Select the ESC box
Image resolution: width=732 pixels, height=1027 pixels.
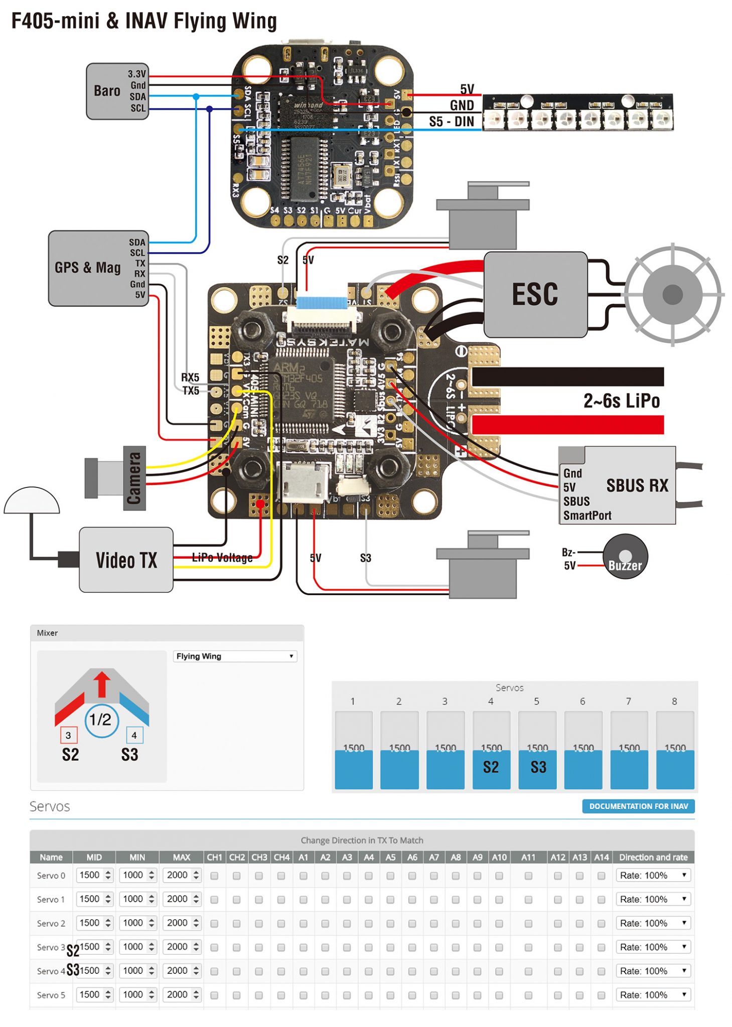tap(535, 294)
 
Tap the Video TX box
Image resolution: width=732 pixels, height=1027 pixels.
tap(126, 560)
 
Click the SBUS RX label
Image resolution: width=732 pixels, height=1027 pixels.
tap(637, 485)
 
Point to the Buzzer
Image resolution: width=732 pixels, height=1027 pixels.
tap(625, 557)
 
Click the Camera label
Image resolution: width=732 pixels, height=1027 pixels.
tap(134, 478)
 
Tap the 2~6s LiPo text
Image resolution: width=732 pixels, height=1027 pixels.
tap(621, 401)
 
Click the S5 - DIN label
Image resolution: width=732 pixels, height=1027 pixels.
tap(451, 122)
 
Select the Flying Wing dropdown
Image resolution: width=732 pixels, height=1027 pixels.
tap(235, 656)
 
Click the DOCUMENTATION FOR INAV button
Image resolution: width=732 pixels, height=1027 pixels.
tap(638, 806)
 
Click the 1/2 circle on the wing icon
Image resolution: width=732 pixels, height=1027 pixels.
tap(101, 720)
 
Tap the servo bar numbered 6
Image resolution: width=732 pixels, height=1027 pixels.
tap(582, 750)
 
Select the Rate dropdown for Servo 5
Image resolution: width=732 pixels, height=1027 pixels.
tap(653, 994)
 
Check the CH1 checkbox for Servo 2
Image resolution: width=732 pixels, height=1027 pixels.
tap(214, 923)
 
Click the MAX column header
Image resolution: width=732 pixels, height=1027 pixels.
tap(181, 857)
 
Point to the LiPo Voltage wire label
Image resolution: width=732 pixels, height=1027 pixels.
tap(222, 558)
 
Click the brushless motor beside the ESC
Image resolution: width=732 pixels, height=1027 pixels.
tap(672, 294)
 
